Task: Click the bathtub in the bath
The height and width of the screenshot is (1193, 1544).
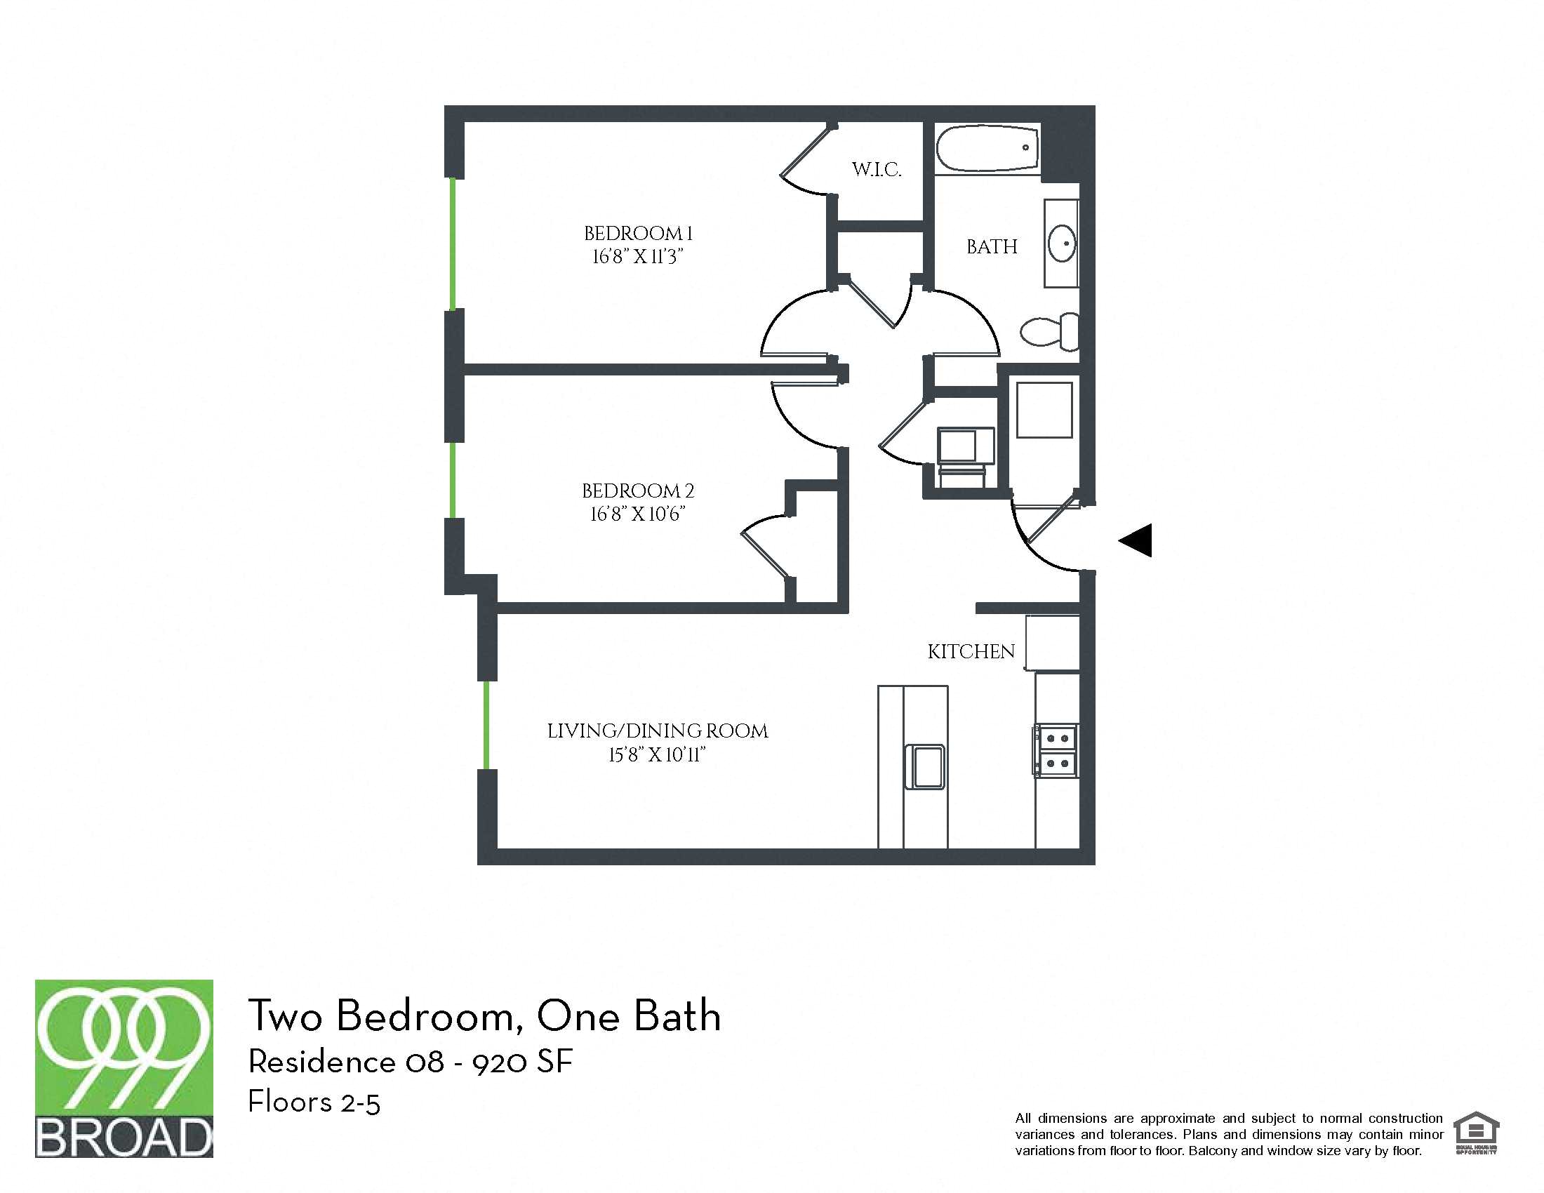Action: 987,148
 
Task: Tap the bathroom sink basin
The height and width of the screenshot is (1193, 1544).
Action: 1062,244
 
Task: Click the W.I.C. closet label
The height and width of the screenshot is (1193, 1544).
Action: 877,170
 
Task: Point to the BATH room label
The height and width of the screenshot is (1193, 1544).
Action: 992,246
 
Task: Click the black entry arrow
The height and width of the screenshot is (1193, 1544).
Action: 1136,540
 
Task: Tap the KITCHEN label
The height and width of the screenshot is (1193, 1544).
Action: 971,652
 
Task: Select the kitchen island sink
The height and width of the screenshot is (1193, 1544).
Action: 925,766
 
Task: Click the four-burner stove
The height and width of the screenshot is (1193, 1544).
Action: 1056,751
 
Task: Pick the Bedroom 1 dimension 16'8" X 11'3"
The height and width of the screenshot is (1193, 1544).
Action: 638,257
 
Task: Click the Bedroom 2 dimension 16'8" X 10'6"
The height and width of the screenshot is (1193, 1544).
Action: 638,514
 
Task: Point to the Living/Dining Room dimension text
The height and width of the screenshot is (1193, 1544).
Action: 657,755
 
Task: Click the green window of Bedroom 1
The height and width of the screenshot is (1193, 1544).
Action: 453,244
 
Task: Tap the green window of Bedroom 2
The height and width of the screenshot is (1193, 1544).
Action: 453,480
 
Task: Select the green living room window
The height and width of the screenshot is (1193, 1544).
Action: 486,724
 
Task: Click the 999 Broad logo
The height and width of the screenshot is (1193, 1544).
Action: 124,1068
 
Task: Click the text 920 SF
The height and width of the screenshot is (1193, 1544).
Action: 522,1062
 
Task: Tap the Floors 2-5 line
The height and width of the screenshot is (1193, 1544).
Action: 314,1102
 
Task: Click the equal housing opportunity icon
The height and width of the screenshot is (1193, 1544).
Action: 1476,1133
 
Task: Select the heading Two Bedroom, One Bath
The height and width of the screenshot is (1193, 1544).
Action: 484,1015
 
